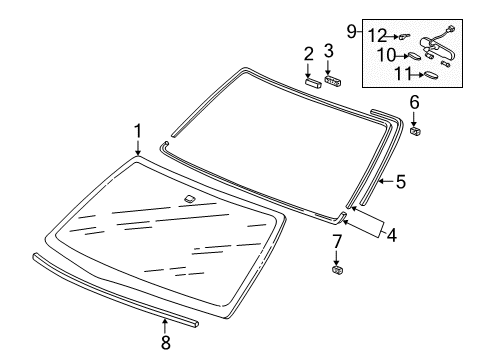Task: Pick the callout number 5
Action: coord(399,182)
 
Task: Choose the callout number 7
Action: coord(337,243)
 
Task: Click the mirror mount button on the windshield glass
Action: coord(189,200)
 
